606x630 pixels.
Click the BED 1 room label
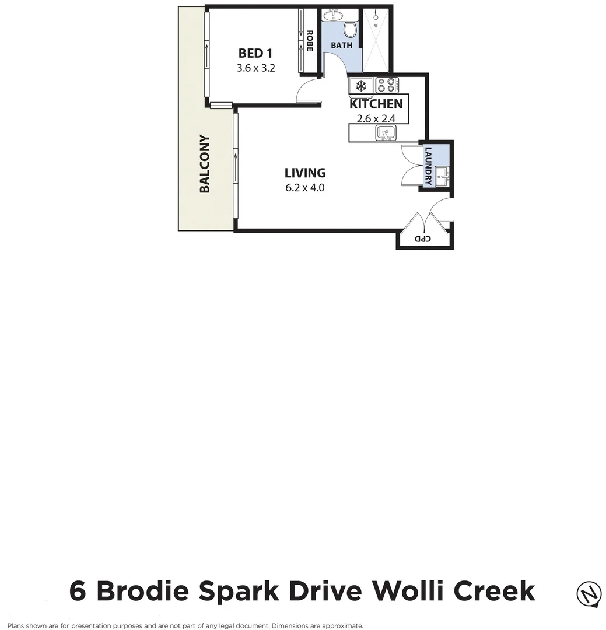tap(255, 54)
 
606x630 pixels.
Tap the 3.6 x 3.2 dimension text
tap(255, 68)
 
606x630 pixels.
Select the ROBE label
tap(310, 41)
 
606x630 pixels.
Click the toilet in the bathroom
tap(350, 29)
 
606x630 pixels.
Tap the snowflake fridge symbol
tap(361, 86)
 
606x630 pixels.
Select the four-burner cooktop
tap(386, 86)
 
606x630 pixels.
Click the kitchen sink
tap(386, 134)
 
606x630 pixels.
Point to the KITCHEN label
tap(376, 104)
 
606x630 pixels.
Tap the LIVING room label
tap(304, 173)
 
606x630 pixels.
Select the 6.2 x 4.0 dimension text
tap(304, 188)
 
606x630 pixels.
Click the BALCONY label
tap(205, 164)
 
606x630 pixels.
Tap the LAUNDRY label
tap(428, 166)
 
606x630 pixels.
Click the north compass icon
tap(589, 594)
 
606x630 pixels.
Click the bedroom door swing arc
tap(306, 91)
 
